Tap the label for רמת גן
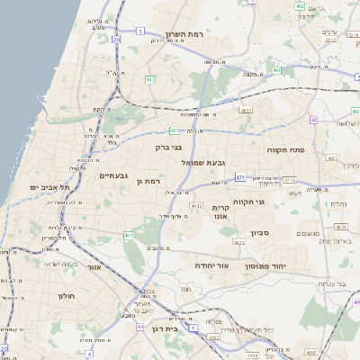click(x=143, y=182)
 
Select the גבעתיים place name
click(x=117, y=175)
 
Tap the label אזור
click(x=94, y=266)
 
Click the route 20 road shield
click(x=117, y=40)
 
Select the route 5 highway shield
click(x=140, y=31)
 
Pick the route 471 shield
click(x=240, y=178)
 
